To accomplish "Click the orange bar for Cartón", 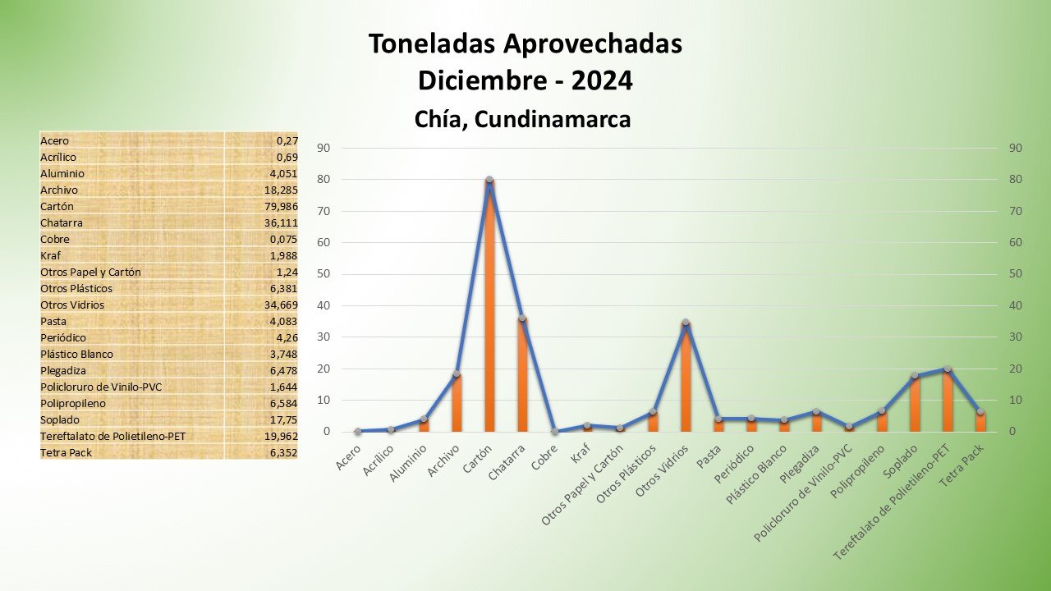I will (x=489, y=312).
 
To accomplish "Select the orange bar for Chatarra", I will (x=522, y=378).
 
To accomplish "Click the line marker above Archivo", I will (x=457, y=373).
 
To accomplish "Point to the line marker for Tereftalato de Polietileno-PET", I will (x=947, y=369).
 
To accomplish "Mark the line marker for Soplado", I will (x=914, y=376).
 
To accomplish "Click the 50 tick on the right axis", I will (x=1015, y=274).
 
